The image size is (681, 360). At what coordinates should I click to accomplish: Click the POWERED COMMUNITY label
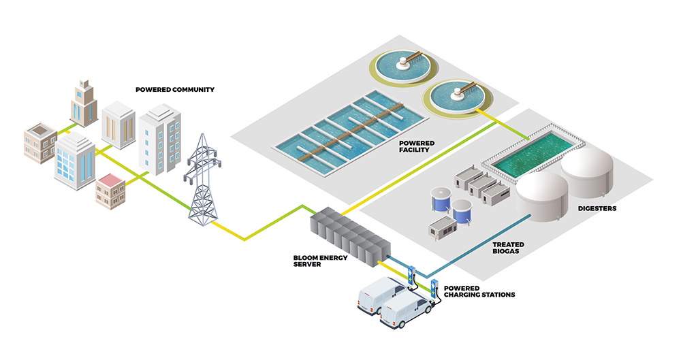(x=175, y=89)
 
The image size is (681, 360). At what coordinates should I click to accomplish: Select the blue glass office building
(x=74, y=163)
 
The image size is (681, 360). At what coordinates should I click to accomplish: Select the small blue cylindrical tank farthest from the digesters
(x=439, y=199)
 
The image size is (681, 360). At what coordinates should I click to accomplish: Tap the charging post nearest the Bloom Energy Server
(x=411, y=275)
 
